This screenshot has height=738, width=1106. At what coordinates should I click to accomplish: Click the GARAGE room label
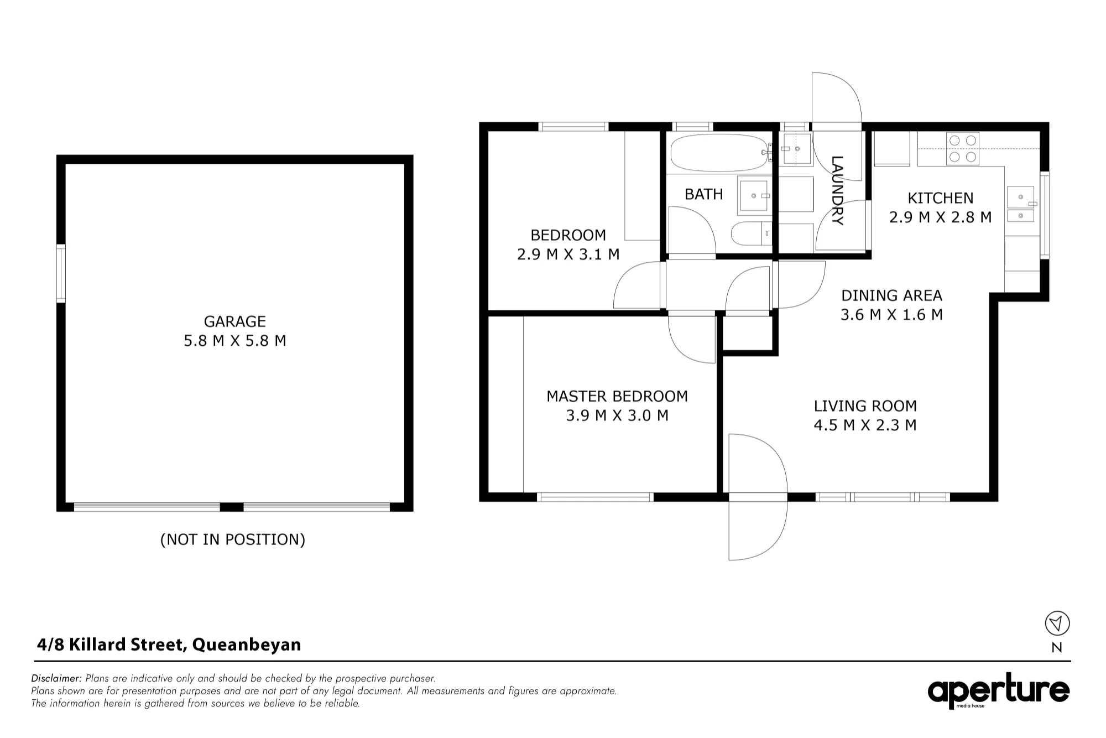[x=234, y=321]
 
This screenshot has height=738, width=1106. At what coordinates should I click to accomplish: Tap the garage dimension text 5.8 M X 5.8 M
[x=234, y=341]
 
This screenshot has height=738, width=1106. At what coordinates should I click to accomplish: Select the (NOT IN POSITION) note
[x=233, y=539]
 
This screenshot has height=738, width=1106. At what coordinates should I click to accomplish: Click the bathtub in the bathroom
[x=721, y=152]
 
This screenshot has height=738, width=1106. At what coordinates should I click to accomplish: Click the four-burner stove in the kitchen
[x=963, y=149]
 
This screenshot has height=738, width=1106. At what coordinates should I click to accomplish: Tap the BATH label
[x=703, y=194]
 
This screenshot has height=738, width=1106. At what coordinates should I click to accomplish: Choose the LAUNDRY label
[x=837, y=190]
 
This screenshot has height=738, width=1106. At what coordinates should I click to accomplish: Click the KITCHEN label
[x=940, y=198]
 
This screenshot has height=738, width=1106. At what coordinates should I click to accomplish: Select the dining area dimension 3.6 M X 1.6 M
[x=891, y=315]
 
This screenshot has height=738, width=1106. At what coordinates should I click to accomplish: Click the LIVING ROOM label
[x=865, y=406]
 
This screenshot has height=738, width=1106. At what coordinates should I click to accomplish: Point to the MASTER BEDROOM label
[x=617, y=396]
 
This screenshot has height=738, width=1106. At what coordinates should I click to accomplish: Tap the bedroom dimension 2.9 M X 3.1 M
[x=568, y=254]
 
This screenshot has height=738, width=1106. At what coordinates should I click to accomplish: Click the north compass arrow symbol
[x=1057, y=623]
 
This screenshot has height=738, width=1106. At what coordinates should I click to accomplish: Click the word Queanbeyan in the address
[x=246, y=645]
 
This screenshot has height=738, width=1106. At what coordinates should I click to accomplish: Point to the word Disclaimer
[x=56, y=678]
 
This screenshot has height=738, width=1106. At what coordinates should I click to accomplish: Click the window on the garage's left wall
[x=61, y=273]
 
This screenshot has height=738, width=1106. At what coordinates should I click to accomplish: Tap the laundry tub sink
[x=795, y=149]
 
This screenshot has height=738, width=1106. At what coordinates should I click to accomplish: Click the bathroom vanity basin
[x=754, y=196]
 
